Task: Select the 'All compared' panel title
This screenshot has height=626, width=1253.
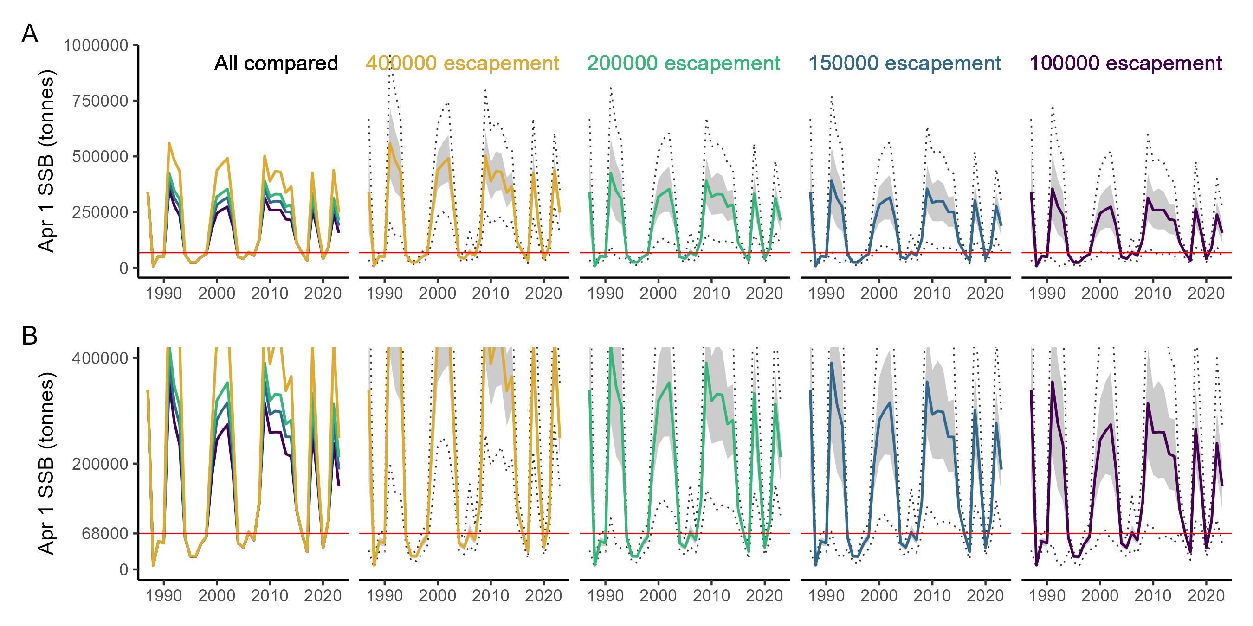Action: pos(276,64)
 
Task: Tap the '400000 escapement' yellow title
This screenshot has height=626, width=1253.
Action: pos(462,64)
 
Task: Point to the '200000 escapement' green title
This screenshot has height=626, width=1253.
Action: pos(684,64)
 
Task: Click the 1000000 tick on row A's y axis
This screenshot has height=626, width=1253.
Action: pos(96,46)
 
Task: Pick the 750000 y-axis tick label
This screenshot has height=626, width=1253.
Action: pos(101,101)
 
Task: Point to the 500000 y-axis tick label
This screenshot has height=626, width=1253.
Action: pos(101,157)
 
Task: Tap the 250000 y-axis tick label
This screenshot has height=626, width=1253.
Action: pos(101,212)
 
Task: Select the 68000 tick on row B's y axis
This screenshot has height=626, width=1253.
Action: pos(105,534)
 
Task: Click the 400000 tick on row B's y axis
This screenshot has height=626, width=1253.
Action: pos(101,358)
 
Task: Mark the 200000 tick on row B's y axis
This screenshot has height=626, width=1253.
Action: pos(101,464)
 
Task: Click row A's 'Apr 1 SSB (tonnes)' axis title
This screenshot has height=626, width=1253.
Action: pos(47,160)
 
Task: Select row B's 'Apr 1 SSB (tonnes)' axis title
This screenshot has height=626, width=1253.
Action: pos(47,463)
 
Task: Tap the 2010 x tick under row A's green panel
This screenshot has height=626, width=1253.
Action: pos(711,294)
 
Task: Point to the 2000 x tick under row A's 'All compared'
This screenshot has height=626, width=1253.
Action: pos(216,294)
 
